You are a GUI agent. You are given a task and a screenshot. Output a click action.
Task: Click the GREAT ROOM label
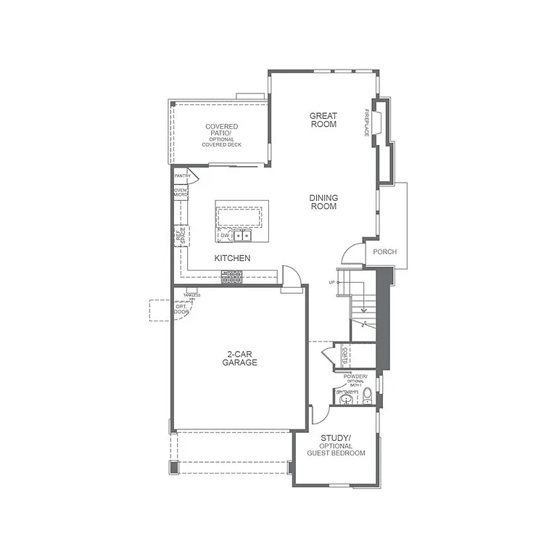(x=323, y=120)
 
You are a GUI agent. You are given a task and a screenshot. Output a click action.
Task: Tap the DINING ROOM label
(x=323, y=202)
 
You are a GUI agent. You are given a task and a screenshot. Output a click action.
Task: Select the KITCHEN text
(x=232, y=258)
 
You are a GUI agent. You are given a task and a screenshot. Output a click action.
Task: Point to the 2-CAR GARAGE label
(x=240, y=358)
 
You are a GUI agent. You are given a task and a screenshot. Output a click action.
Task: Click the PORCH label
(x=384, y=252)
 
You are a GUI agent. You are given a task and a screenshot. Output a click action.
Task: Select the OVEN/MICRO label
(x=180, y=193)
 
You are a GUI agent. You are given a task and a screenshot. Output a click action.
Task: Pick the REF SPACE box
(x=181, y=236)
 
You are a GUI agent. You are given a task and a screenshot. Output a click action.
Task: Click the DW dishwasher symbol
(x=225, y=236)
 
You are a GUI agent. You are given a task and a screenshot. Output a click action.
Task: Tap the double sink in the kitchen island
(x=245, y=236)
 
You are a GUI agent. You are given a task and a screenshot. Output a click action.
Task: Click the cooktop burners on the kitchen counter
(x=232, y=276)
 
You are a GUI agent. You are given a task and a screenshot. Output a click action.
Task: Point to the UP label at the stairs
(x=331, y=282)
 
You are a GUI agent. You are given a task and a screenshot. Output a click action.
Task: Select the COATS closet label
(x=346, y=356)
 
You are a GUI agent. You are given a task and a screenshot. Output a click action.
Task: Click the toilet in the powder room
(x=367, y=396)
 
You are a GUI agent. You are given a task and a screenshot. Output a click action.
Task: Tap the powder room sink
(x=346, y=398)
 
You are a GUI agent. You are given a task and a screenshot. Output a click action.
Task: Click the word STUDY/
(x=335, y=438)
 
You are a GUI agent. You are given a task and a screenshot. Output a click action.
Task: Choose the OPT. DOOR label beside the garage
(x=181, y=309)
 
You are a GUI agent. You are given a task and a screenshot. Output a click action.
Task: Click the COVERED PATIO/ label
(x=221, y=131)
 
